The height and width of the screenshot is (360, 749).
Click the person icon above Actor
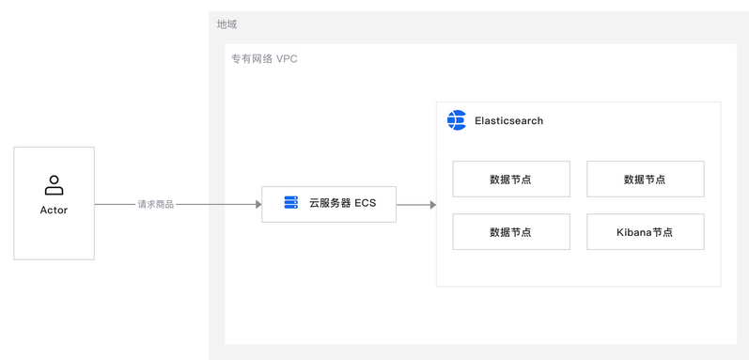(54, 185)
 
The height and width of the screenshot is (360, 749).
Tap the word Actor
(54, 210)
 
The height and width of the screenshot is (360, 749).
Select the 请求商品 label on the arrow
(156, 204)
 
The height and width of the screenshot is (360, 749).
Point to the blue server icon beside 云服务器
(290, 203)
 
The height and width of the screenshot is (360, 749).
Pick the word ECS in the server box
(365, 203)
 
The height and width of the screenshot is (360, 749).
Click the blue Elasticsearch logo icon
(457, 120)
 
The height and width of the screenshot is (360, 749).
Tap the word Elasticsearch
(508, 121)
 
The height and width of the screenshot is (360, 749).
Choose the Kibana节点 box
(645, 231)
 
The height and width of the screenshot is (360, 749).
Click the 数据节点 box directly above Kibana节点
(645, 179)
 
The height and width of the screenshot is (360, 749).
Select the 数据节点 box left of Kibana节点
(510, 231)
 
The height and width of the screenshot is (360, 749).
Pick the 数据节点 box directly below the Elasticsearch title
(510, 179)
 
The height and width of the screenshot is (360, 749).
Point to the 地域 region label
(226, 24)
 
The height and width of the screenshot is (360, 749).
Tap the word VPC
(287, 58)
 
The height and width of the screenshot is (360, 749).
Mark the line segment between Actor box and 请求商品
(115, 204)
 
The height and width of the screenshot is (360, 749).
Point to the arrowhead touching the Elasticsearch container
(432, 204)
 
